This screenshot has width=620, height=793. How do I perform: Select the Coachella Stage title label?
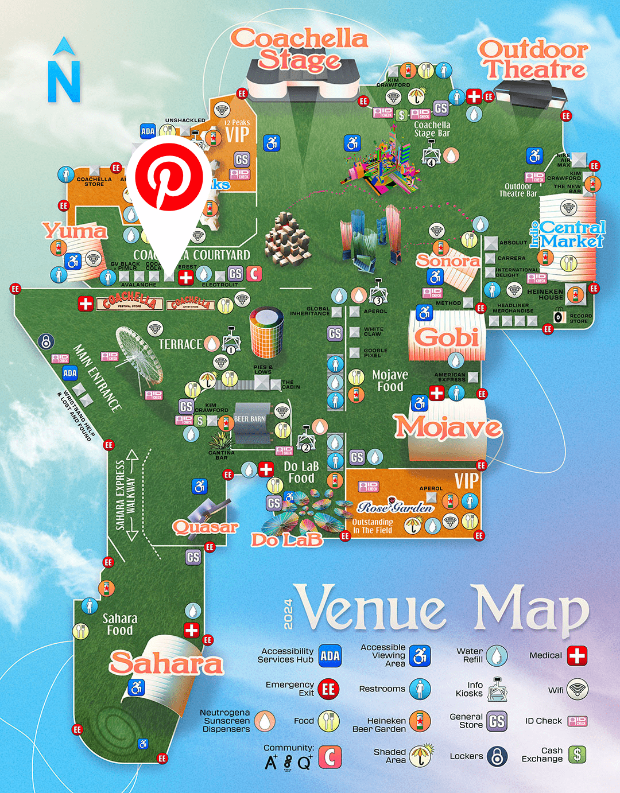[x=300, y=49]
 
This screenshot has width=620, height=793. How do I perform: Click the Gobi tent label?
[x=447, y=337]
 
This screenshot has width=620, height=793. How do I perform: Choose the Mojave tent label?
[x=448, y=427]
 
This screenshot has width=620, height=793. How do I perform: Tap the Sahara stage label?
[x=166, y=663]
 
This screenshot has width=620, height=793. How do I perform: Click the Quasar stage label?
[x=205, y=527]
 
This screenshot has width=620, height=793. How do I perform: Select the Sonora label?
[x=448, y=261]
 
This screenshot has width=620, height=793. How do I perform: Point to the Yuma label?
[x=75, y=231]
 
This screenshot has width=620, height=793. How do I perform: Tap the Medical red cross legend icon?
[x=577, y=655]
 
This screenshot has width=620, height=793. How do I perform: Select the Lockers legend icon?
[x=497, y=756]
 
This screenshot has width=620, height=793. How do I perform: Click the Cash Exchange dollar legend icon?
[x=577, y=755]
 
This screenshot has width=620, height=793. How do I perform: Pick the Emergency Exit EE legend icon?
[x=328, y=689]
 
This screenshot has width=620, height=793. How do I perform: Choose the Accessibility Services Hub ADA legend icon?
[x=330, y=656]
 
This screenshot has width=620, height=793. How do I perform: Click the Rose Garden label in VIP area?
[x=395, y=507]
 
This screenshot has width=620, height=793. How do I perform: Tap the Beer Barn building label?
[x=250, y=419]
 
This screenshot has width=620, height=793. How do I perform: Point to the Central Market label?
[x=572, y=234]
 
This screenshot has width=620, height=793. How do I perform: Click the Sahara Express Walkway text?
[x=125, y=495]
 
